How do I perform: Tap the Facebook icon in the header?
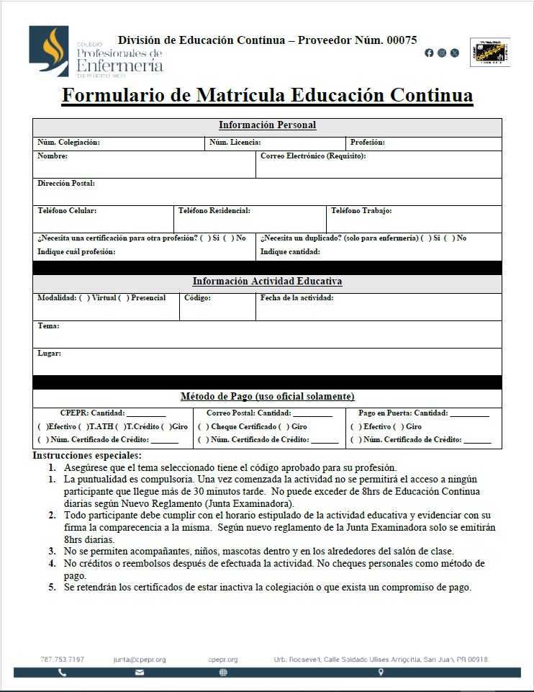pyautogui.click(x=430, y=53)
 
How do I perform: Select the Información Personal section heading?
pyautogui.click(x=267, y=125)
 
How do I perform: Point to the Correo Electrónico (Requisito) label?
pyautogui.click(x=313, y=156)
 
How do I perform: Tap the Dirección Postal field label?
pyautogui.click(x=66, y=184)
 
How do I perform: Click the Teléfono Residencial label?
pyautogui.click(x=214, y=211)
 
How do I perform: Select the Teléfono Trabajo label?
pyautogui.click(x=361, y=211)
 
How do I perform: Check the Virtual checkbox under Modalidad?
pyautogui.click(x=84, y=298)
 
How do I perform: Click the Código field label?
pyautogui.click(x=197, y=298)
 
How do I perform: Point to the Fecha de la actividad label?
pyautogui.click(x=297, y=298)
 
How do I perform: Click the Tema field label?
pyautogui.click(x=48, y=326)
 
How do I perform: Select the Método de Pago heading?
pyautogui.click(x=267, y=397)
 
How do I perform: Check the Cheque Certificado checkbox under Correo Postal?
pyautogui.click(x=203, y=427)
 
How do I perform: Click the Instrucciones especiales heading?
pyautogui.click(x=87, y=455)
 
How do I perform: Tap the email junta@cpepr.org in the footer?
pyautogui.click(x=140, y=660)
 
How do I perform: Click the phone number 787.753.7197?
pyautogui.click(x=62, y=660)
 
